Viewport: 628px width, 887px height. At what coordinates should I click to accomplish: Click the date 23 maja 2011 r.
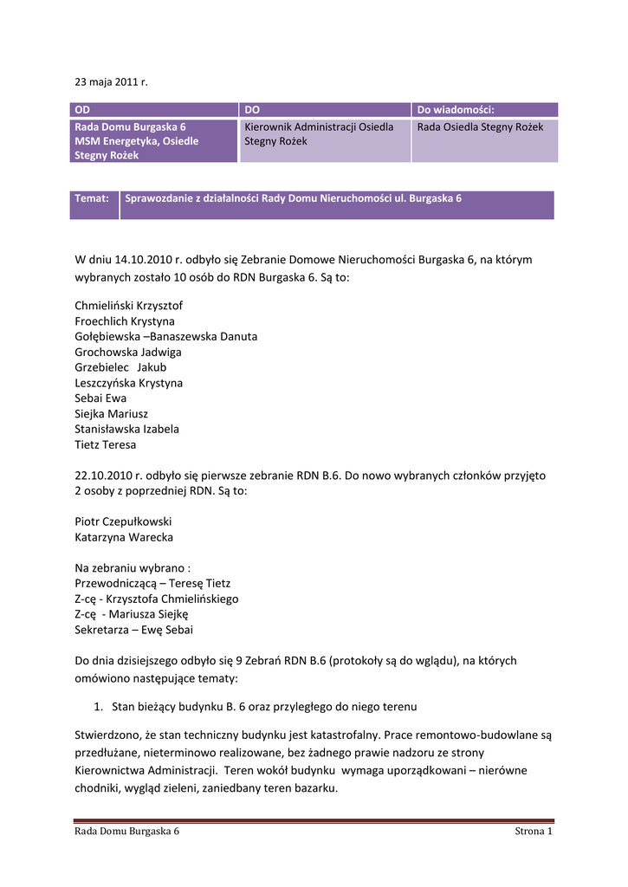tap(111, 82)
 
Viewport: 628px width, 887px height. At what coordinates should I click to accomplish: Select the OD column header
tap(82, 110)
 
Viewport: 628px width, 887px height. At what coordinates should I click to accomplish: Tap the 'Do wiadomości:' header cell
tap(456, 110)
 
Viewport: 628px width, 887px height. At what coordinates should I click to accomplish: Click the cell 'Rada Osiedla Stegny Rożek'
tap(480, 127)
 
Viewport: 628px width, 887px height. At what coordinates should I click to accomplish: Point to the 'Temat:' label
tap(92, 198)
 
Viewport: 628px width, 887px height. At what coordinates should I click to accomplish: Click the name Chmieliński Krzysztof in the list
tap(129, 306)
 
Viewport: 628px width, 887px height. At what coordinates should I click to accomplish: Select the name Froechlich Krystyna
tap(125, 321)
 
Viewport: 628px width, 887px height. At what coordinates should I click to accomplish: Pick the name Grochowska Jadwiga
tap(128, 353)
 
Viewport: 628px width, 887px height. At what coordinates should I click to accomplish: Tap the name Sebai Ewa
tap(101, 398)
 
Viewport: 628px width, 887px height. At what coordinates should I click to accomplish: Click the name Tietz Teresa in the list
tap(106, 445)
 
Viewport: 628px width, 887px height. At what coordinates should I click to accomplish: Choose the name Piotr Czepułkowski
tap(123, 521)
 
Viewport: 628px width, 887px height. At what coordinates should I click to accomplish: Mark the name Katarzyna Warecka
tap(124, 537)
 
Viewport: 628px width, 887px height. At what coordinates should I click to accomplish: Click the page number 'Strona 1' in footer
tap(534, 832)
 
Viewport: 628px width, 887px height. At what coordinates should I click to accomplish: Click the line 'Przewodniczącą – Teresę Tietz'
tap(153, 583)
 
